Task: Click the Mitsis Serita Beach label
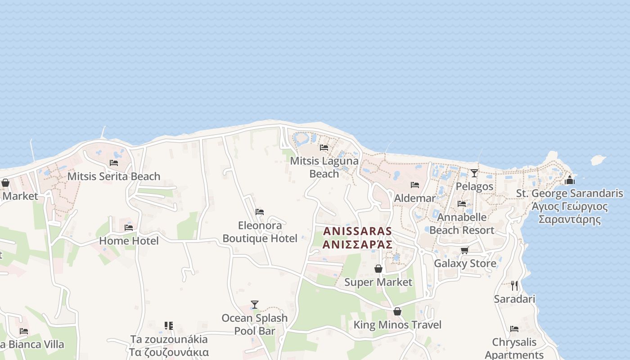click(x=114, y=176)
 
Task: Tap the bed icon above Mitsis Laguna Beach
click(x=324, y=148)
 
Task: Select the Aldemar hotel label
click(x=414, y=198)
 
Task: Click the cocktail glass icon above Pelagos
click(x=474, y=173)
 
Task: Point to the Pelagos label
click(x=474, y=186)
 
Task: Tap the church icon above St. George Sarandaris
click(x=570, y=180)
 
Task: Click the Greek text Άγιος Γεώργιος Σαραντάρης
click(x=570, y=213)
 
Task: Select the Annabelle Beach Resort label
click(x=462, y=224)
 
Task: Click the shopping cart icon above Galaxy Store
click(x=464, y=250)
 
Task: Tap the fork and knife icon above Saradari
click(x=514, y=285)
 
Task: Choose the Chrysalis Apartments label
click(x=514, y=348)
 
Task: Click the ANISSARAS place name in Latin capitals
click(x=357, y=231)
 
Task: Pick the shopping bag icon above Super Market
click(x=378, y=269)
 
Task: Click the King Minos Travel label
click(x=397, y=325)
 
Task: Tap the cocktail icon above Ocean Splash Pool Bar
click(x=255, y=305)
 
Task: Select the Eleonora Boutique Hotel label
click(x=260, y=232)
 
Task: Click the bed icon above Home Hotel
click(x=129, y=228)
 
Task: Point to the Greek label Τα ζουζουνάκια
click(x=169, y=352)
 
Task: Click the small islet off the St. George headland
click(x=598, y=160)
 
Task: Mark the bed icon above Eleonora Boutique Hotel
click(x=260, y=212)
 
